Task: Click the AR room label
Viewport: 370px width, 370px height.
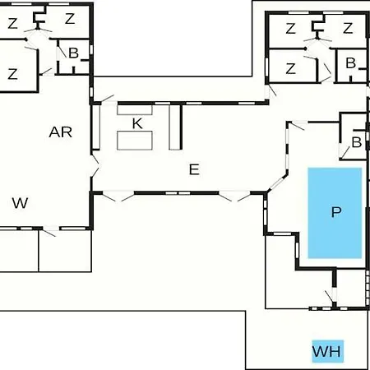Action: tap(61, 132)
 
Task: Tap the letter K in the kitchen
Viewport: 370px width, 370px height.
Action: tap(137, 123)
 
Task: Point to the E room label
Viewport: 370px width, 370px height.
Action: tap(194, 169)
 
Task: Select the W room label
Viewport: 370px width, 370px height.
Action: tap(20, 203)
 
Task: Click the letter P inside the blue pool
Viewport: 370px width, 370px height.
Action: tap(336, 212)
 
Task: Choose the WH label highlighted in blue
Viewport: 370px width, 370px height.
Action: tap(326, 351)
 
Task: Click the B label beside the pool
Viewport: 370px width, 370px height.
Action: tap(356, 142)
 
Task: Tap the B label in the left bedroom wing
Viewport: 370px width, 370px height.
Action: tap(73, 53)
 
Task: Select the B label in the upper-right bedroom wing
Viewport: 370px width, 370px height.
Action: tap(351, 63)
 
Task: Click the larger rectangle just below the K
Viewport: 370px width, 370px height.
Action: tap(135, 141)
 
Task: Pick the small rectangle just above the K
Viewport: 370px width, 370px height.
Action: tap(135, 109)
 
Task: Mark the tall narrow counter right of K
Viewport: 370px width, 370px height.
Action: tap(174, 127)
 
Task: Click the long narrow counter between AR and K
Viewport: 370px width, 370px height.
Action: tap(95, 127)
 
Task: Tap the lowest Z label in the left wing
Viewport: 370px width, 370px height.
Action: tap(12, 74)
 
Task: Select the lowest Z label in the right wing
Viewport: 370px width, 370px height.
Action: tap(290, 68)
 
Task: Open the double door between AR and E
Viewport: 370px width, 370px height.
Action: tap(95, 167)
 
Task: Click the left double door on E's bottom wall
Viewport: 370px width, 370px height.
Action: tap(118, 196)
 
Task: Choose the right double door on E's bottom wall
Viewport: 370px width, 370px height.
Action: tap(234, 196)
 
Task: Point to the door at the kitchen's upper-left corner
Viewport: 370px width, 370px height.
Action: tap(107, 99)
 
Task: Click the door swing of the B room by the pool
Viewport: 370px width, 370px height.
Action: tap(345, 153)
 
